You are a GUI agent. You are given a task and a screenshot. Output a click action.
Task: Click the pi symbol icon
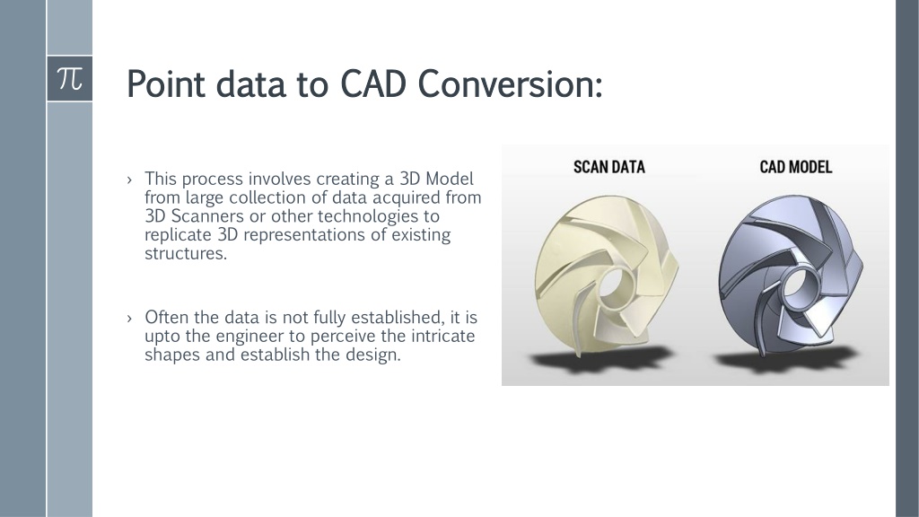(70, 79)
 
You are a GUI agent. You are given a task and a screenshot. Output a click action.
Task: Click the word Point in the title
(166, 83)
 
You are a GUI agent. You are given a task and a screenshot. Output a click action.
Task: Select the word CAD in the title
(373, 83)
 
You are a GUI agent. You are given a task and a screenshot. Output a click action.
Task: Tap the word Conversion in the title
(510, 83)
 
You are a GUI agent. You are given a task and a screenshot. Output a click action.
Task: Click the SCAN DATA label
(609, 167)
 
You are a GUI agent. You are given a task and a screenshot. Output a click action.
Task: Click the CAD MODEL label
(796, 167)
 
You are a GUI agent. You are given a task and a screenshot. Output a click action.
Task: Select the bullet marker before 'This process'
(129, 180)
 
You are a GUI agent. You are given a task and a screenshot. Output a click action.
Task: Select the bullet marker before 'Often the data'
(129, 319)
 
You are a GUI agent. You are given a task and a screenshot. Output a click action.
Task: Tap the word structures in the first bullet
(185, 254)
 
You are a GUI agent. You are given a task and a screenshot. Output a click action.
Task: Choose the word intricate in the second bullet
(442, 337)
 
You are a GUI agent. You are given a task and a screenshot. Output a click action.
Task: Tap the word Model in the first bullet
(450, 179)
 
